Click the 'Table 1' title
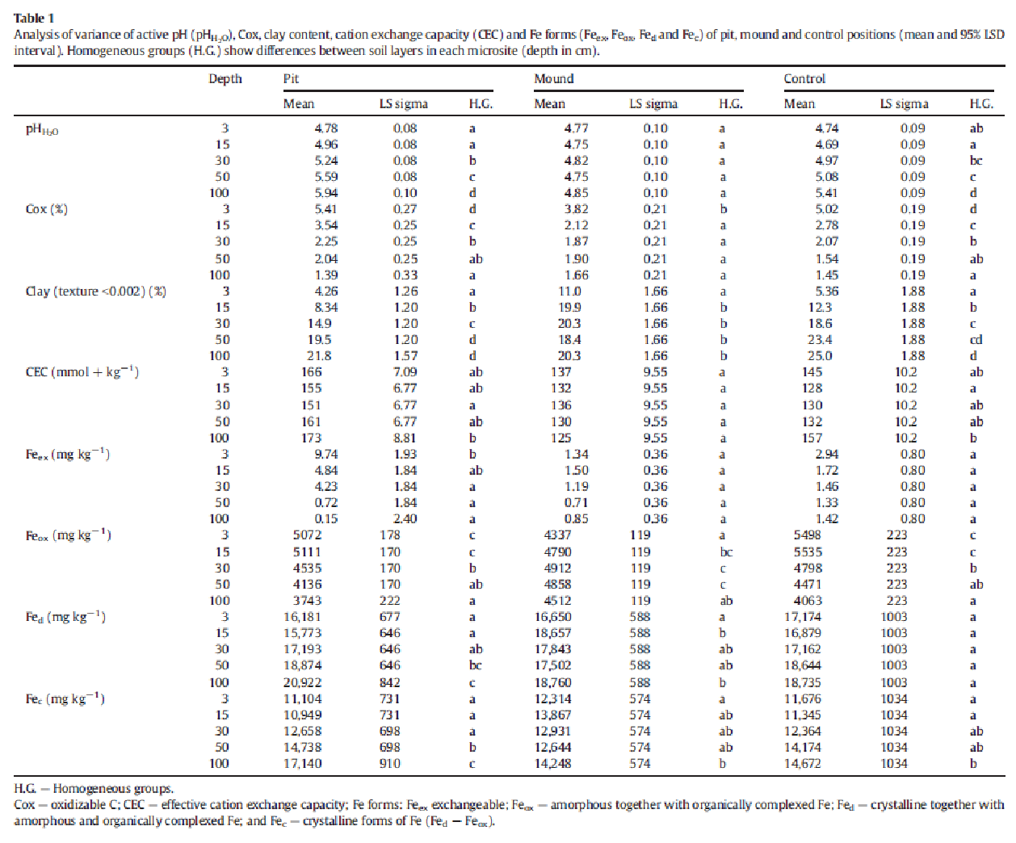coord(34,19)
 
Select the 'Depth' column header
coord(225,79)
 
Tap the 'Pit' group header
coord(291,79)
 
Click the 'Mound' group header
coord(554,79)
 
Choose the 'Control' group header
coord(804,79)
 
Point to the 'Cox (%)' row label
coord(47,209)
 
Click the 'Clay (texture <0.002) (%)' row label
coord(96,291)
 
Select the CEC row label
coord(82,372)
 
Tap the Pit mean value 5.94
coord(326,193)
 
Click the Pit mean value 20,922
coord(302,683)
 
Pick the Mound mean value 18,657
coord(552,633)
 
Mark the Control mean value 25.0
coord(820,356)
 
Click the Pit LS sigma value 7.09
coord(405,372)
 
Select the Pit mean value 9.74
coord(326,455)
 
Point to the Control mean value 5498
coord(808,535)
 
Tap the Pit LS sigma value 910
coord(390,764)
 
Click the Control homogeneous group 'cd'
coord(976,339)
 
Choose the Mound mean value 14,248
coord(552,764)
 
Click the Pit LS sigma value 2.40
coord(405,519)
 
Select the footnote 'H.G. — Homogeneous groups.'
coord(94,789)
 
